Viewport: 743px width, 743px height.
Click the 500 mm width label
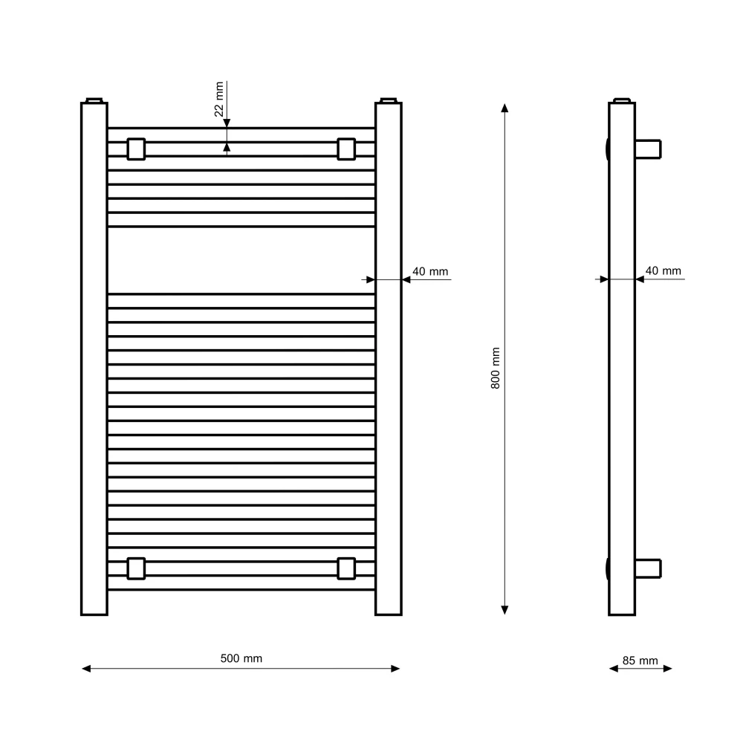pos(241,658)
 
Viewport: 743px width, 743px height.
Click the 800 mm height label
pos(495,369)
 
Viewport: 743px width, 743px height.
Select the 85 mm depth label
pos(640,661)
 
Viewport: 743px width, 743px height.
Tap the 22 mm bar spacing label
pos(218,99)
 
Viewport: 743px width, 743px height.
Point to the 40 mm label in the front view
pos(430,271)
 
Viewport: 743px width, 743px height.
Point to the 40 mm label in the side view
pos(663,270)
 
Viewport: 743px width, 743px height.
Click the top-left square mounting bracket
pos(136,149)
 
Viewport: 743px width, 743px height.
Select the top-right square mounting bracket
pos(346,149)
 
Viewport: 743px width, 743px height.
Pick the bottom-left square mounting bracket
pos(136,568)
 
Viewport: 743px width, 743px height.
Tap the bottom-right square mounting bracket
pos(346,568)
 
